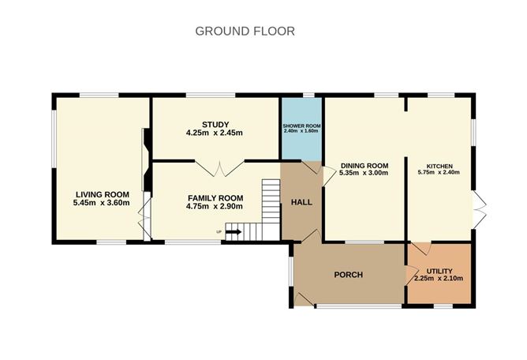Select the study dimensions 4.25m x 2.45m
tap(214, 133)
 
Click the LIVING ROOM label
tap(102, 195)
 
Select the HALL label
tap(301, 202)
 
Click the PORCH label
tap(348, 275)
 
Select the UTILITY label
tap(439, 270)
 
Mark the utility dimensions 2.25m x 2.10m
tap(439, 279)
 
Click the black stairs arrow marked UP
tap(234, 232)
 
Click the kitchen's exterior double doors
tap(478, 205)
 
